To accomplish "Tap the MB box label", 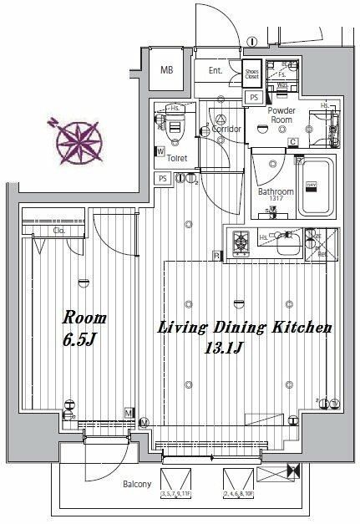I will pos(168,69).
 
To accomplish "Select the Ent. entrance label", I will pos(215,72).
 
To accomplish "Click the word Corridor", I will pos(226,130).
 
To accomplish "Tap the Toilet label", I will pos(176,156).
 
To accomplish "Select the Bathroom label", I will pos(275,191).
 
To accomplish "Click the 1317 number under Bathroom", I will pos(276,200).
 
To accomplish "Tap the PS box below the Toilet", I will pos(163,178).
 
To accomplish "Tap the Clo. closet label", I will pos(59,230).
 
